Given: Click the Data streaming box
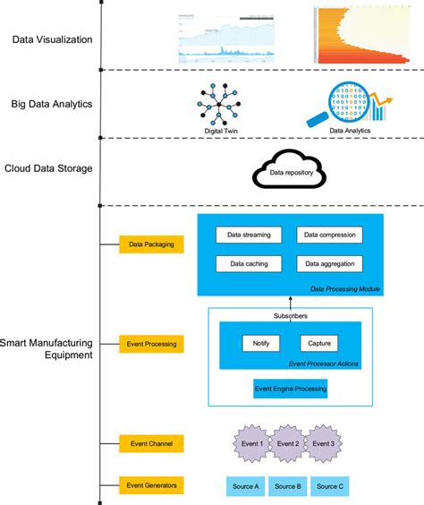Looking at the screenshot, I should (250, 235).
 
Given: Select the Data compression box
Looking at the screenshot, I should (330, 235).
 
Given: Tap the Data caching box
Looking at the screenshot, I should (250, 264).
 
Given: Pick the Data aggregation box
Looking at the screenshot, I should (330, 264).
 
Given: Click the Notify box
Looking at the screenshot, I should (261, 344).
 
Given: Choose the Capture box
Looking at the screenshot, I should (319, 344).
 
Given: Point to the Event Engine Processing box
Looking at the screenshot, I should (291, 389).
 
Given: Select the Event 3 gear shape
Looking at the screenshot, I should (324, 444).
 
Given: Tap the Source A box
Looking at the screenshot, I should (244, 486).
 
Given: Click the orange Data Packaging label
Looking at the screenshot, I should (151, 243).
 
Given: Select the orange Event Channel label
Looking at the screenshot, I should (151, 442).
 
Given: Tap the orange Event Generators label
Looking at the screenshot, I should (151, 485).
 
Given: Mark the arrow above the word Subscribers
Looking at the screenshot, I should (291, 304).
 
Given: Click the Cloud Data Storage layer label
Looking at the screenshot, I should (48, 168).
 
